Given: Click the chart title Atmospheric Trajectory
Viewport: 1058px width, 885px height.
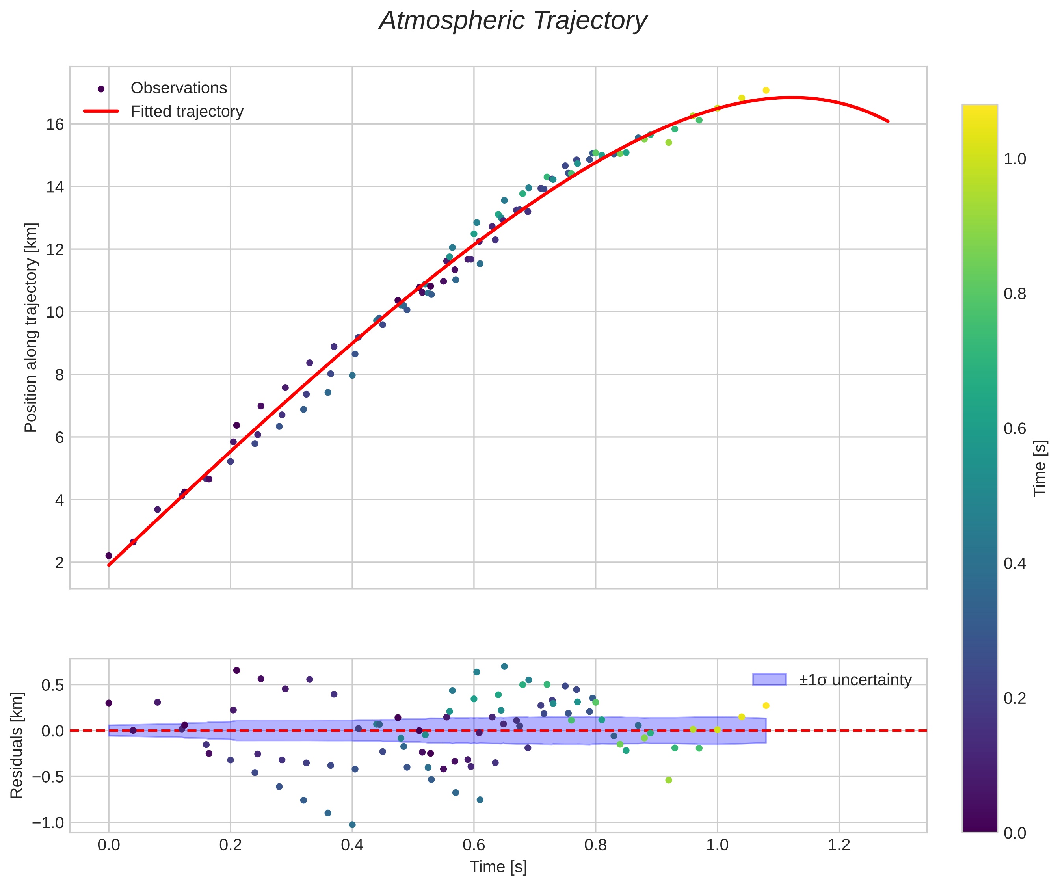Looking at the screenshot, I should click(x=513, y=21).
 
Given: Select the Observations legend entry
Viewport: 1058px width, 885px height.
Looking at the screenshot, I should click(x=179, y=88).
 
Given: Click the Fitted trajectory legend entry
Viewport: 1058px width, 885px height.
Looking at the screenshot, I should click(x=187, y=112).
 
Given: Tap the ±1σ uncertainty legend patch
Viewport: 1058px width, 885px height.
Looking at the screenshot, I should click(x=769, y=679).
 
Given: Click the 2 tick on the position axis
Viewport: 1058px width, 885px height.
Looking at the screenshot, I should click(x=60, y=563).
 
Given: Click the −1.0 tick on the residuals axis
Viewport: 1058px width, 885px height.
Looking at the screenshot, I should click(x=48, y=823).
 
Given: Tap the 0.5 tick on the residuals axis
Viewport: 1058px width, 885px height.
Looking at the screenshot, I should click(x=52, y=685).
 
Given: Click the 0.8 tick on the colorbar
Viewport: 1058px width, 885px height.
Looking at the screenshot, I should click(x=1015, y=294).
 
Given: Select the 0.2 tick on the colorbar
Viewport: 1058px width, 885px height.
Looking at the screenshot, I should click(x=1015, y=698).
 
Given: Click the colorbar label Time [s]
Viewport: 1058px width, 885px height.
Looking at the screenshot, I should click(x=1040, y=469).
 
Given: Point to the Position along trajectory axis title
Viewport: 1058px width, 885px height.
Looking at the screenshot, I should click(x=31, y=327).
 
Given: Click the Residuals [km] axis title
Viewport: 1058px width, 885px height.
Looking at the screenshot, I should click(x=17, y=745).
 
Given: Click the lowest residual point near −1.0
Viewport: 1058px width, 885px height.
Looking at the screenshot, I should click(x=352, y=825).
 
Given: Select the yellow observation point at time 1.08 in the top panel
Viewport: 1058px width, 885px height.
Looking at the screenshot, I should click(x=766, y=90).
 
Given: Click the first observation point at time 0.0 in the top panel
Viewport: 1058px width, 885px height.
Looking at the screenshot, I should click(x=109, y=556).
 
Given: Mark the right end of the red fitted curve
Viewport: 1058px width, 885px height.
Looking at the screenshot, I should click(x=888, y=121).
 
